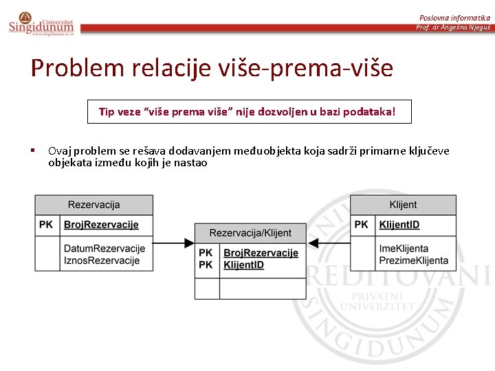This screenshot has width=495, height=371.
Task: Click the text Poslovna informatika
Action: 454,17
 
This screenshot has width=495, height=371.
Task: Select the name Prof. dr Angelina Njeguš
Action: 453,27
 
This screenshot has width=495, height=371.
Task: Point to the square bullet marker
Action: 33,150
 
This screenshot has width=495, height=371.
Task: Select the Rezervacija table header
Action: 93,205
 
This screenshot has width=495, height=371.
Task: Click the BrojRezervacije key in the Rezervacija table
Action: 101,225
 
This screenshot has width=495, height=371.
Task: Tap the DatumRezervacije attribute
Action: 104,249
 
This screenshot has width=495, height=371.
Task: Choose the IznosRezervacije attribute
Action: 101,260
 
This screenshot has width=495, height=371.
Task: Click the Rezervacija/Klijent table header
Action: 250,233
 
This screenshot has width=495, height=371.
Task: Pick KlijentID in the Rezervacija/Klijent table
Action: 243,265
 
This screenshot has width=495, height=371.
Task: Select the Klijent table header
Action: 403,205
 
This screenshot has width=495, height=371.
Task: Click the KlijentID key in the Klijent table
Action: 399,225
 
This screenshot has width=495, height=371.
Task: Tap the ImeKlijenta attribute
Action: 403,249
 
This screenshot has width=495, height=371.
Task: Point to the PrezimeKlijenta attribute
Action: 413,260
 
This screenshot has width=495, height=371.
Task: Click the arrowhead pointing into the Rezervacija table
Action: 188,243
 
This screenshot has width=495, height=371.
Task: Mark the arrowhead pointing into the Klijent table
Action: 312,243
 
